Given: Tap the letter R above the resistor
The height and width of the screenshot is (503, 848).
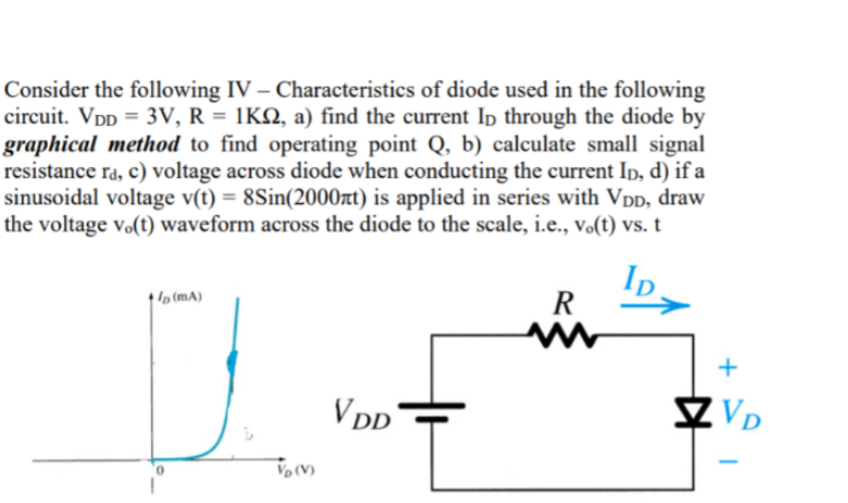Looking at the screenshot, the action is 563,303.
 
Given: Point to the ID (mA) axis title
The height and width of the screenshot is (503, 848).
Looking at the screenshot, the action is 180,296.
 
